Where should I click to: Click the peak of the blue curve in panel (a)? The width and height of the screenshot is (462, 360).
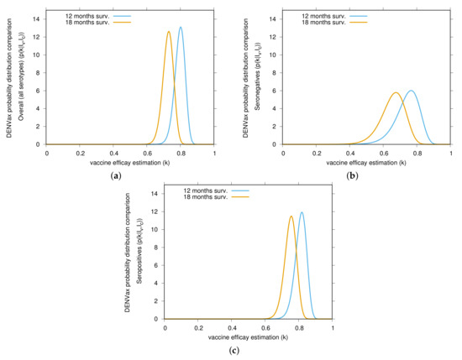point(181,27)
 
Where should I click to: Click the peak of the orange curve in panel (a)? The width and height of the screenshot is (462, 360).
point(169,32)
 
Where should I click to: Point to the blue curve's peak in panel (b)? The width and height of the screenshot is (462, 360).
point(410,91)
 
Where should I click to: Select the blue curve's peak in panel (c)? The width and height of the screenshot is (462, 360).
point(302,212)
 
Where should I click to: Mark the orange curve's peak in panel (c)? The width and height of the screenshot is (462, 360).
point(291,217)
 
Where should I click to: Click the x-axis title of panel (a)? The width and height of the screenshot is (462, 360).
point(130,161)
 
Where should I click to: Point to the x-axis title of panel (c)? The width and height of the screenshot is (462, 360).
point(249,336)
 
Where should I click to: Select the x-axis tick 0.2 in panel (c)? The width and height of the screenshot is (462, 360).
point(198,326)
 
